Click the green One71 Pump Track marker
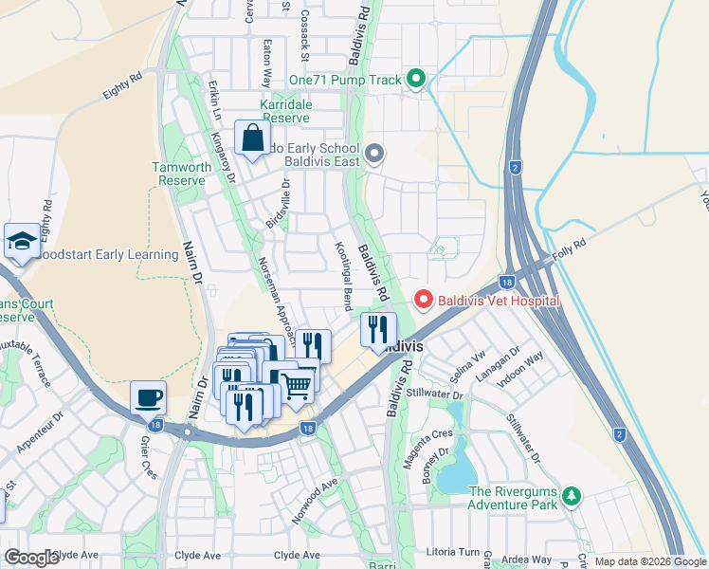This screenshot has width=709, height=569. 415,79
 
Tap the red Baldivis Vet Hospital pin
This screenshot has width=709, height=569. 423,301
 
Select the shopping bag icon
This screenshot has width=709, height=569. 253,139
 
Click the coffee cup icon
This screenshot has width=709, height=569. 148,397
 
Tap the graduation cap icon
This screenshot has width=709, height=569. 21,242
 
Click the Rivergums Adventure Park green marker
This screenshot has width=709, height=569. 571,496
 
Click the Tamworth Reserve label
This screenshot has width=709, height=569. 182,174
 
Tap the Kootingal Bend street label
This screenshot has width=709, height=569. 343,273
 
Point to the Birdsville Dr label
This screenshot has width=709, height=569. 281,203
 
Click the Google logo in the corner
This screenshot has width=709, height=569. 31,558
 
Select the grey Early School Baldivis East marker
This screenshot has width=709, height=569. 374,153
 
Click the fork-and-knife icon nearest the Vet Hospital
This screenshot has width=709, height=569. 378,330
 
